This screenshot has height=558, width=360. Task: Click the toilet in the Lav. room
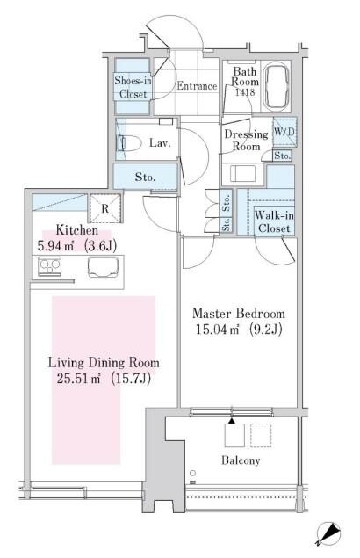(129, 143)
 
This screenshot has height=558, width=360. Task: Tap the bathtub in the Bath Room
(277, 86)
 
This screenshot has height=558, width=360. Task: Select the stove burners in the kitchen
(50, 267)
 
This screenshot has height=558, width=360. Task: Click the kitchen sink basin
(103, 267)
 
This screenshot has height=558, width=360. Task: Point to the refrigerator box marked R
(105, 208)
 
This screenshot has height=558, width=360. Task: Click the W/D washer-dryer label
(284, 132)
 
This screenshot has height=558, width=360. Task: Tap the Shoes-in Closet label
(133, 87)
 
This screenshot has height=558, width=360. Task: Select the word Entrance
(197, 86)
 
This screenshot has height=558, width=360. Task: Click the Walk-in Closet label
(274, 221)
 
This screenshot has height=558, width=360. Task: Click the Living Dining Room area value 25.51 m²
(78, 378)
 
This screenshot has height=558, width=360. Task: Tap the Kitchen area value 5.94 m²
(56, 246)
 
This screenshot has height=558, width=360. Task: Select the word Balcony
(241, 460)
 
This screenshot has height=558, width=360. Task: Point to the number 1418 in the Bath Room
(245, 91)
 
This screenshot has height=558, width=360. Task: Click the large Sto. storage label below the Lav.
(145, 177)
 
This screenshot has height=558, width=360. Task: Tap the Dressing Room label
(246, 141)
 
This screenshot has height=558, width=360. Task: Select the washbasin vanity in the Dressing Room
(243, 174)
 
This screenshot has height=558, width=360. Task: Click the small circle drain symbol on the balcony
(192, 473)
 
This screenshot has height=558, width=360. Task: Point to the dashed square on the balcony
(261, 435)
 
